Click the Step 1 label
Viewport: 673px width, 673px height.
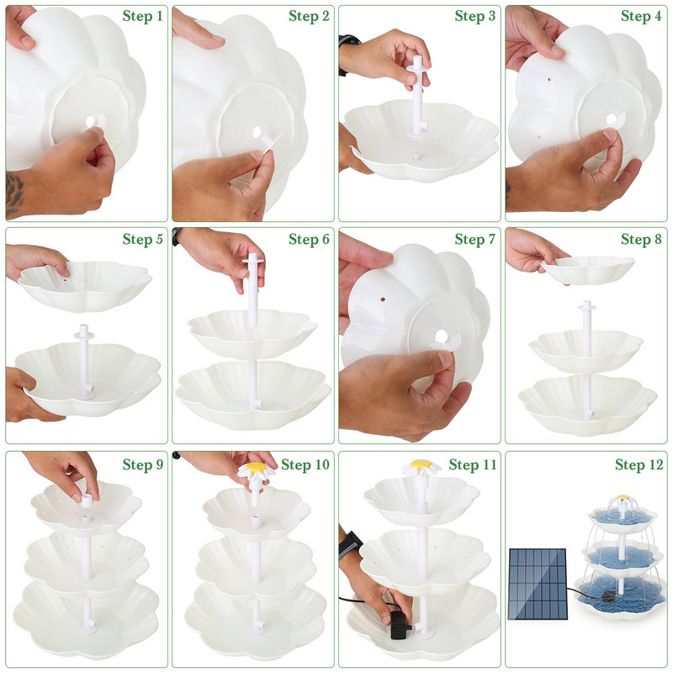(142, 16)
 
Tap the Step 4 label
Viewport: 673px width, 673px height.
(641, 16)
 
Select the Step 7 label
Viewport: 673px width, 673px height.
(475, 240)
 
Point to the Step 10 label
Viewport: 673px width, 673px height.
(305, 465)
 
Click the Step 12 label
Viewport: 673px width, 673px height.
(639, 465)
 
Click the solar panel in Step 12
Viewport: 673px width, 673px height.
(538, 584)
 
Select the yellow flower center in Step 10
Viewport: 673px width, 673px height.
(257, 466)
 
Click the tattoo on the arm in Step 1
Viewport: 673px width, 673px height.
(14, 193)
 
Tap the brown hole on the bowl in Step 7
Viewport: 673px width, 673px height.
(382, 298)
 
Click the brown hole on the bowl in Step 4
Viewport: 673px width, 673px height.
(548, 79)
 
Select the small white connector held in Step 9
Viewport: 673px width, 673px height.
(87, 500)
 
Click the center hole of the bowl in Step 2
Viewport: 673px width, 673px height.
(257, 132)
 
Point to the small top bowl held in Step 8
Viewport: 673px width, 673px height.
(588, 269)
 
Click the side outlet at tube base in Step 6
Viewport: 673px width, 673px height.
(257, 404)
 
